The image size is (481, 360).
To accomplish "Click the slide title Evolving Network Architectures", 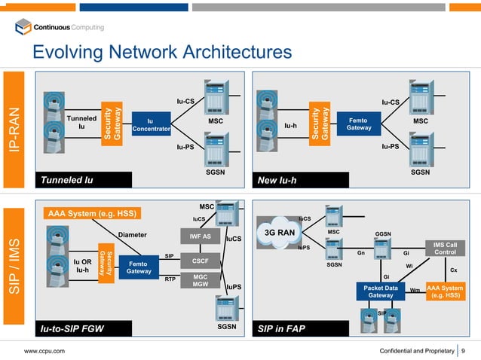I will tap(161, 52).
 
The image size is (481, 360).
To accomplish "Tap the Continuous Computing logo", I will tap(60, 28).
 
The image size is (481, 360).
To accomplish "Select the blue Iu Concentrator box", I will tap(149, 124).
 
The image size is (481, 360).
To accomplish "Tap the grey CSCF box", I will tap(200, 261).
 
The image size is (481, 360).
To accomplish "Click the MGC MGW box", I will tap(200, 281).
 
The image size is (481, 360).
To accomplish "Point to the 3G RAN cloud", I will tap(277, 232).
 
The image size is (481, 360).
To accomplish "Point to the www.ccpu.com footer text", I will tap(43, 351).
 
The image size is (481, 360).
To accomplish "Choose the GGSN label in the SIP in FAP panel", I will tap(383, 234).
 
